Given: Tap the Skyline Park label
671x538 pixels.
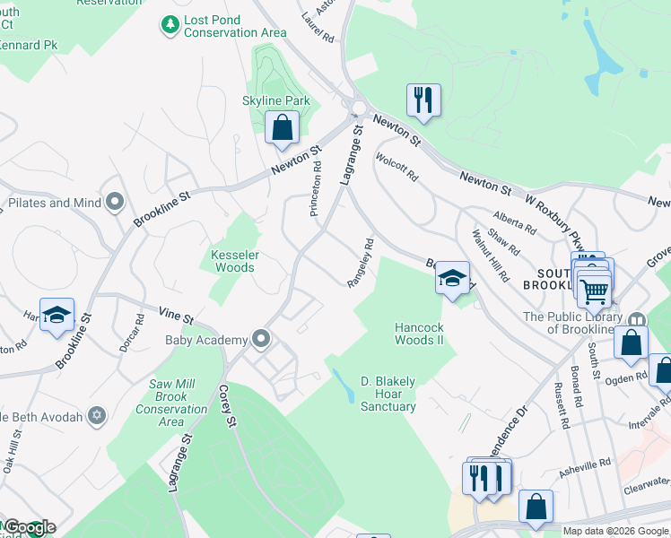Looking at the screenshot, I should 276,100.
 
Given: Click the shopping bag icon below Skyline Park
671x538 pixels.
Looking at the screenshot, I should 282,128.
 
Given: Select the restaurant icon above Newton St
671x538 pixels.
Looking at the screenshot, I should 423,100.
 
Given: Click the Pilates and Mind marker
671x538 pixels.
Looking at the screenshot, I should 114,203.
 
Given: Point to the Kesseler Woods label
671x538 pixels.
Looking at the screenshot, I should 234,261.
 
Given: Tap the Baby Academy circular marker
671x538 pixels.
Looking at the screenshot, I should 261,339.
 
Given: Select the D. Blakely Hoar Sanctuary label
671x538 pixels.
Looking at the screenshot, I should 388,394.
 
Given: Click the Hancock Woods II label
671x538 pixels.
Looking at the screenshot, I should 419,334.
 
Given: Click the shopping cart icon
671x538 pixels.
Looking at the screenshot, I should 594,289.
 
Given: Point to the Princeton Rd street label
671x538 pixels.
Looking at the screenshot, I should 315,189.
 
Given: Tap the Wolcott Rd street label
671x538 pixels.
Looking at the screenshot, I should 397,169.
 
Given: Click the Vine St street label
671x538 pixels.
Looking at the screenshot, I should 177,317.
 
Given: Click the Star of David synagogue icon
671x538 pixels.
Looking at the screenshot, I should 96,416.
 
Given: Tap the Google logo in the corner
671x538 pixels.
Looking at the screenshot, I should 29,527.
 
